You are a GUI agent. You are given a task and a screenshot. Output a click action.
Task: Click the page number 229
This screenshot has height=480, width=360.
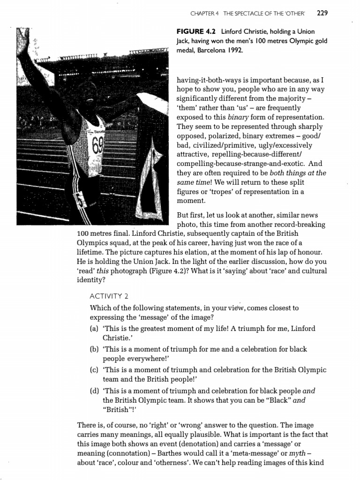pos(322,13)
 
